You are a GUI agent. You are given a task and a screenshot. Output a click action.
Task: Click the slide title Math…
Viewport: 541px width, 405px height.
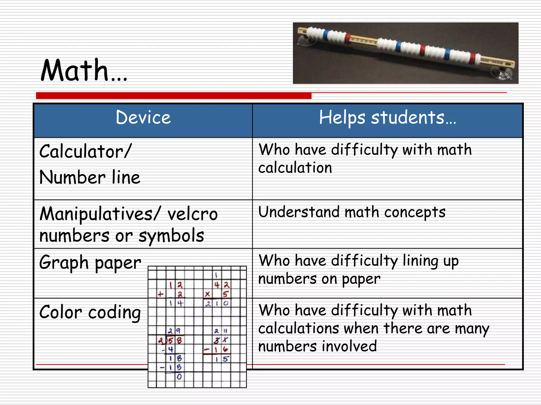click(84, 70)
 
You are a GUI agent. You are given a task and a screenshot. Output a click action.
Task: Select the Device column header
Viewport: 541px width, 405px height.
click(143, 118)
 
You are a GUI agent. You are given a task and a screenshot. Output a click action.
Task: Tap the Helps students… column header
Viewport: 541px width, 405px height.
click(388, 118)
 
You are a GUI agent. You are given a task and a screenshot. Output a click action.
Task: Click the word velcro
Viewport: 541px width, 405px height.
click(193, 214)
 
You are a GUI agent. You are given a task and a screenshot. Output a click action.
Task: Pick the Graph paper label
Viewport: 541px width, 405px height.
click(90, 263)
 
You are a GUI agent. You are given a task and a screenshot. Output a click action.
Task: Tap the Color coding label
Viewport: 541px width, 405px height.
click(90, 313)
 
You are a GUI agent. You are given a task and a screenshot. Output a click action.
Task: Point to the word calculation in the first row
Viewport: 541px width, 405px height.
click(295, 168)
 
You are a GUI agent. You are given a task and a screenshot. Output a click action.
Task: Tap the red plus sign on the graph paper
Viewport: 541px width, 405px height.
click(160, 294)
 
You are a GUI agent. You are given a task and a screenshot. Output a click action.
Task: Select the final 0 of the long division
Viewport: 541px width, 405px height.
click(179, 377)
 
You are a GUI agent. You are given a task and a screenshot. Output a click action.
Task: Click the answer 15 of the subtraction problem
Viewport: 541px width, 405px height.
click(221, 359)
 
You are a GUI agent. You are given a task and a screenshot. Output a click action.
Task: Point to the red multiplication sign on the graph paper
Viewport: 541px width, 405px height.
click(207, 294)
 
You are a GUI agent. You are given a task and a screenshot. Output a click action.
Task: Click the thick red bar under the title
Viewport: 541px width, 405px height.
click(174, 96)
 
